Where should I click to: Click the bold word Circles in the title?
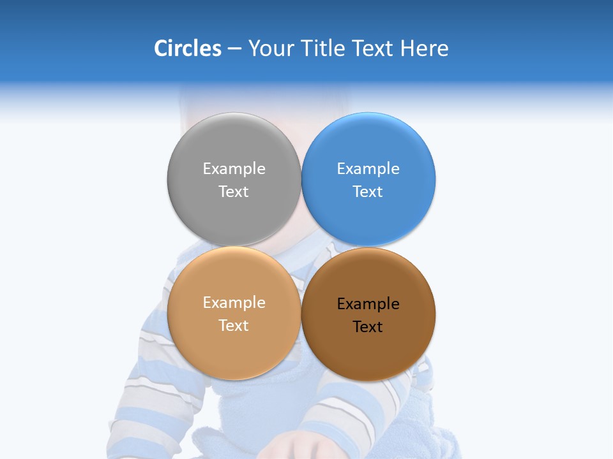(x=187, y=48)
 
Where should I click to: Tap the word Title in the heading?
(x=322, y=48)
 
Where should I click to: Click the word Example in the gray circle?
(x=234, y=169)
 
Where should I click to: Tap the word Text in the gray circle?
(x=234, y=192)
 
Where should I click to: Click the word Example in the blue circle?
(x=368, y=169)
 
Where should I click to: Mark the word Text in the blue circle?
(x=368, y=192)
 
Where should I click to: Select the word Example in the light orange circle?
(x=234, y=303)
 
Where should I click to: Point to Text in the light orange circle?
(x=234, y=326)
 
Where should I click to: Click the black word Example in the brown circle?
(x=368, y=304)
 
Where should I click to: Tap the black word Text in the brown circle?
(x=368, y=327)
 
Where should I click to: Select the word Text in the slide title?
(x=374, y=48)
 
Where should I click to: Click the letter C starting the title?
(x=162, y=48)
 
